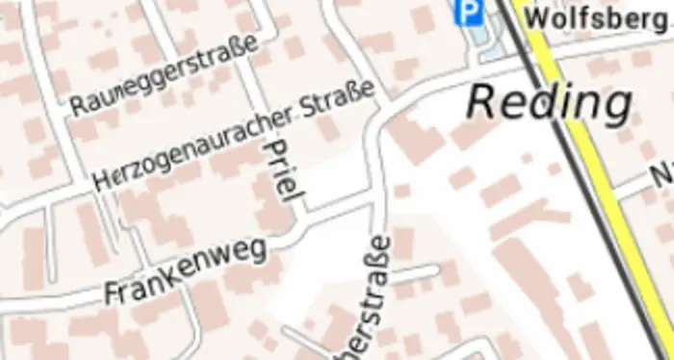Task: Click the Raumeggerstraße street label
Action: (x=165, y=76)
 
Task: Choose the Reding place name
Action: (x=550, y=102)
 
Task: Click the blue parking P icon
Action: (x=469, y=13)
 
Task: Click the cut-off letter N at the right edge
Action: (x=663, y=176)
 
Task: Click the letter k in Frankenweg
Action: (x=177, y=273)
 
